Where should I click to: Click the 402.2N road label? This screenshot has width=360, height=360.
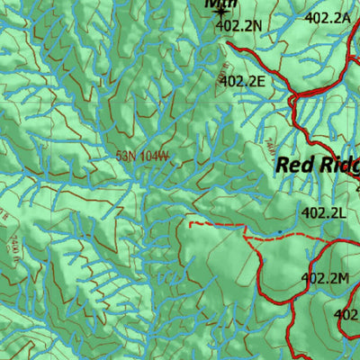[238, 26]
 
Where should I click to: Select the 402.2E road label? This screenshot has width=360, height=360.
[243, 81]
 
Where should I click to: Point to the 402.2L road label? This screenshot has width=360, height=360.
[324, 213]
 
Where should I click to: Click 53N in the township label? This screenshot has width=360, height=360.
[127, 156]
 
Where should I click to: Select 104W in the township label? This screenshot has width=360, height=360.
[155, 156]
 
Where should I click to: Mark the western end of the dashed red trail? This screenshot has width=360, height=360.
[189, 221]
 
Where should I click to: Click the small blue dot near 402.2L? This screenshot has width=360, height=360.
[279, 232]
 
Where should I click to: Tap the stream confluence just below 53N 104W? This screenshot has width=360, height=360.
[142, 184]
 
